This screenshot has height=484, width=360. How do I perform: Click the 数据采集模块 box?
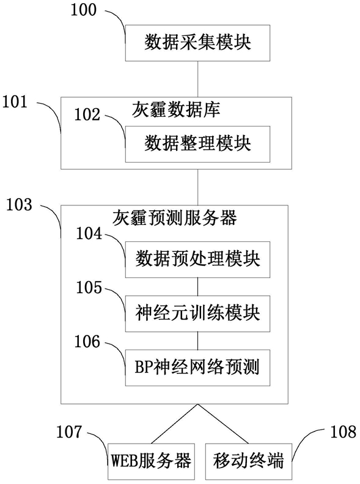pos(197,43)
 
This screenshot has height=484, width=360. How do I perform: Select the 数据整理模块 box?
pos(197,144)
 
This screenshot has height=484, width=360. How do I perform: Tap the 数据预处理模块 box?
pos(197,260)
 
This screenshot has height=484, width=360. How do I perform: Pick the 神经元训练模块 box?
pos(197,313)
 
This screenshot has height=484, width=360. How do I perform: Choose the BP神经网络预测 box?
pos(197,368)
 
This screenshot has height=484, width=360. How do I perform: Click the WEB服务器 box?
pos(152,461)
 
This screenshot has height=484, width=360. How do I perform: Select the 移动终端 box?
pos(249,461)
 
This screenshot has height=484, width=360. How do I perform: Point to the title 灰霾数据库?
pos(176,109)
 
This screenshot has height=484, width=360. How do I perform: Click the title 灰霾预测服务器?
pos(174,218)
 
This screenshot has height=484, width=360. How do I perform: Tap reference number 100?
pos(84,10)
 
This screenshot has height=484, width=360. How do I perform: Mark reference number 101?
pos(15,101)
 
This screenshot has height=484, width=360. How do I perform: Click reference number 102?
pos(87,114)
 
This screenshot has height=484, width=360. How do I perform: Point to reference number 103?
pos(19,205)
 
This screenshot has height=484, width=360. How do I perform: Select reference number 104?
pos(89,233)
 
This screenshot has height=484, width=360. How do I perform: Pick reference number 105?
pos(89,287)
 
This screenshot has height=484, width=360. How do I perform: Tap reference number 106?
pos(87,342)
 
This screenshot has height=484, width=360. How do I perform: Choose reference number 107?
pos(69,431)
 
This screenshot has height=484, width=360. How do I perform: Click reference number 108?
pos(343,431)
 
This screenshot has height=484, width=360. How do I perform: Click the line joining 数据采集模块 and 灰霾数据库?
pos(198,79)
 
